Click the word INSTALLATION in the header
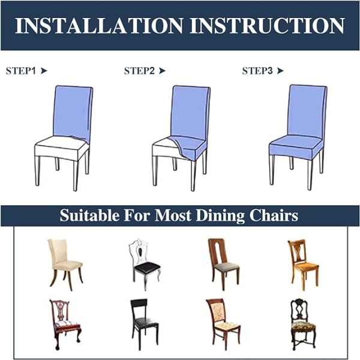tap(99, 25)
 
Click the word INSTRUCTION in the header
tap(268, 25)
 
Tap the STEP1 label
tap(21, 71)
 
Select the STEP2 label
tap(139, 71)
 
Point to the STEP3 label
tap(257, 71)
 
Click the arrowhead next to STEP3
tap(280, 71)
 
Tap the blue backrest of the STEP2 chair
tap(190, 113)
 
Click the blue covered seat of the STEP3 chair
tap(296, 147)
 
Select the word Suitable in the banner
tap(89, 215)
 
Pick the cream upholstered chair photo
tap(65, 265)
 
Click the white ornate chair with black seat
tap(145, 265)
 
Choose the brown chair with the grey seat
tap(224, 265)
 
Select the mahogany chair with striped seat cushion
tap(65, 325)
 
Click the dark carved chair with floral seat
tap(303, 325)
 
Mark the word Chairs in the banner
tap(274, 215)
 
